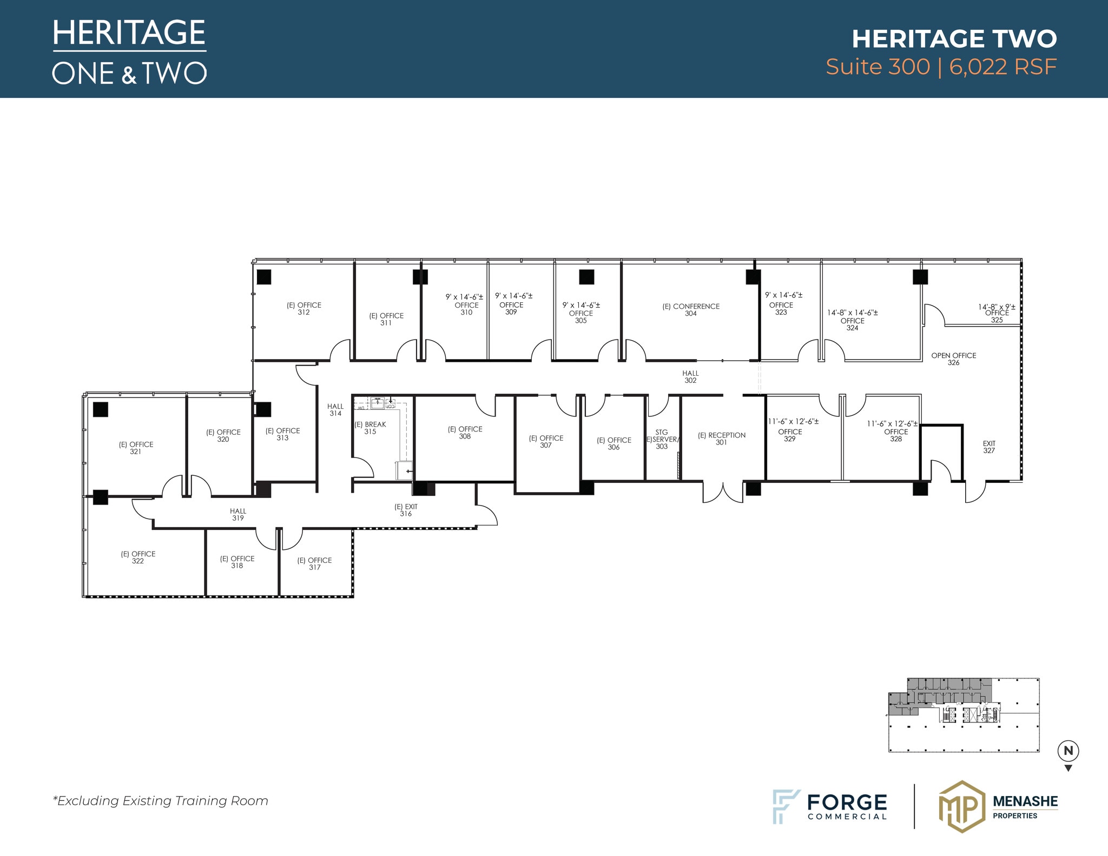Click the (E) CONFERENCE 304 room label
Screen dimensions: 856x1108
[x=691, y=310]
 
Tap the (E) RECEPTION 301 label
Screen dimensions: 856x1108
[x=721, y=439]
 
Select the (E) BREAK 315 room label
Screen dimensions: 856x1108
[x=370, y=428]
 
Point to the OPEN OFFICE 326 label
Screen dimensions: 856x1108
[x=953, y=359]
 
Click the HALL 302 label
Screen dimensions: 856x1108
[x=690, y=377]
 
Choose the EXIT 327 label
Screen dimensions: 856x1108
[x=989, y=447]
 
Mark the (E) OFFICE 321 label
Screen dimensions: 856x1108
[x=136, y=448]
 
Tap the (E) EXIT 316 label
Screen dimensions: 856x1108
[x=406, y=510]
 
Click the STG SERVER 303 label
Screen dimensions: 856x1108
[x=662, y=439]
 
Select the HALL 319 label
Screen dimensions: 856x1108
[x=238, y=514]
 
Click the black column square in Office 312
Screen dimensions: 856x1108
[x=263, y=277]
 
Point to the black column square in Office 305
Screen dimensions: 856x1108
[x=586, y=277]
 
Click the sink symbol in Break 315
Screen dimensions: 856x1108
[x=378, y=403]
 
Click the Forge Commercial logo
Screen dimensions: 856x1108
[x=829, y=806]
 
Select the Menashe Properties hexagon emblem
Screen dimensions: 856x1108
[x=961, y=806]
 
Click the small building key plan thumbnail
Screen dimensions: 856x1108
[x=963, y=714]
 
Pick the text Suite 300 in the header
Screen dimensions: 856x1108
[x=877, y=67]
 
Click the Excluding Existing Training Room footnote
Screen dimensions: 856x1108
[x=160, y=801]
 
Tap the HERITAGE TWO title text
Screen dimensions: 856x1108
[x=954, y=38]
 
